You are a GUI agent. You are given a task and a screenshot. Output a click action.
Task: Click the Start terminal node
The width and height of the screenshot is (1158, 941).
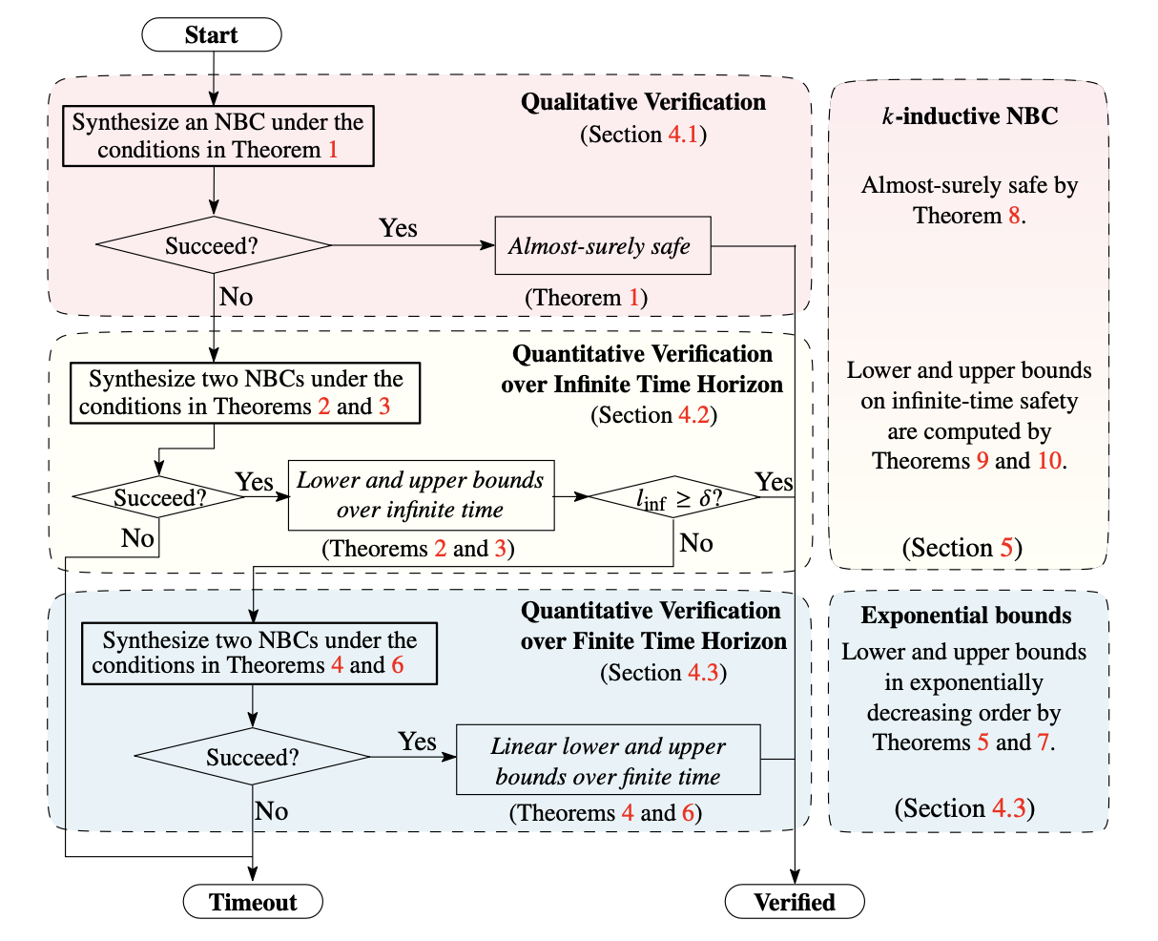pos(212,36)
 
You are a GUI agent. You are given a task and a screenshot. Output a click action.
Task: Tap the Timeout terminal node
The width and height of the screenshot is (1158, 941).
pos(253,902)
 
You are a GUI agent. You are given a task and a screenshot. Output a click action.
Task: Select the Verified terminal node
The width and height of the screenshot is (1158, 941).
pos(795,902)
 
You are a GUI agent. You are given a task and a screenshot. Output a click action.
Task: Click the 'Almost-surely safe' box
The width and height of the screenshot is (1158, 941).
pos(602,246)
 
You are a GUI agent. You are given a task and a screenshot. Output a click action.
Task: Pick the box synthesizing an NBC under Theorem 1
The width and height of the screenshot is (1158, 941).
pos(217,136)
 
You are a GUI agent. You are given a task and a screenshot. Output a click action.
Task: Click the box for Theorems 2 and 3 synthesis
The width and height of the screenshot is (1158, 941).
pos(245,393)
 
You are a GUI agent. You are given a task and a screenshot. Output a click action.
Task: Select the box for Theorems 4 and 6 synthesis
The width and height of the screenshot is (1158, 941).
pos(258,653)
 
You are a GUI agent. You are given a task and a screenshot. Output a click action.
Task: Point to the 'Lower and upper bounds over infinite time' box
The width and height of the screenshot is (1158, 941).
pos(421,495)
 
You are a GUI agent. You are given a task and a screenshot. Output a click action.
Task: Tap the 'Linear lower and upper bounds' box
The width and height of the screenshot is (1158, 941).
pos(608,761)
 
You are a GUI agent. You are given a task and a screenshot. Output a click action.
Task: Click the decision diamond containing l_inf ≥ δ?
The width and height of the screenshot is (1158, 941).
pos(673,496)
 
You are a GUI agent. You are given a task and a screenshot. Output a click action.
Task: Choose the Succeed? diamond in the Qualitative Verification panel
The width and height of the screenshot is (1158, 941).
pos(213,246)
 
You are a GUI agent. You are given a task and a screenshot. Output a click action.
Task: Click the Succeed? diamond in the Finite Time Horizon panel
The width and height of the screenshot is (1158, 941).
pos(253,758)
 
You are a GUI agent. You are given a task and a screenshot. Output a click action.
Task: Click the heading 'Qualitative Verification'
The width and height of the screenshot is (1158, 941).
pos(643,103)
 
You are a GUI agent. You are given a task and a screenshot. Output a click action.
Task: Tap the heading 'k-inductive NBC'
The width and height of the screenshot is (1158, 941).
pos(968,116)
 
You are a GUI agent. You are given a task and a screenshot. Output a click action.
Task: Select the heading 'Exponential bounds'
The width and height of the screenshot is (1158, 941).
pos(966,616)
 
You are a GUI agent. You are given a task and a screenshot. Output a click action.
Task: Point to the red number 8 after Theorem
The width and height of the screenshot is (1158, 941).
pos(1013,216)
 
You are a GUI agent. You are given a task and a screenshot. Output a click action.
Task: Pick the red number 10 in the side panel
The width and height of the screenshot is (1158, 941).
pos(1048,461)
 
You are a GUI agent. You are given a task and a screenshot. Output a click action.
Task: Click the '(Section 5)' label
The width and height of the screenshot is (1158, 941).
pos(962,548)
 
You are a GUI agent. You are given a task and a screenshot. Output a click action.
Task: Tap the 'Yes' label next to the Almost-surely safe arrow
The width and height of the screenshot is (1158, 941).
pos(398,228)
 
